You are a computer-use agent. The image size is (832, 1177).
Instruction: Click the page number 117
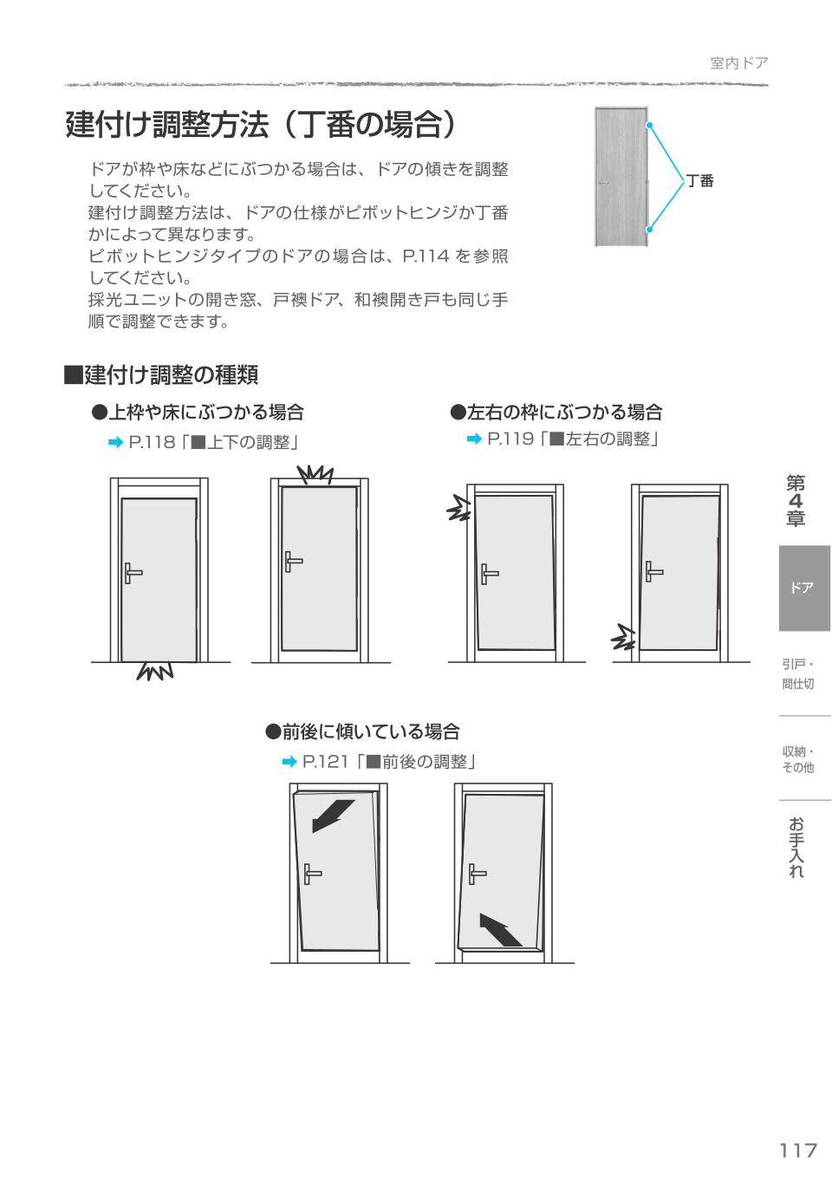coord(797,1150)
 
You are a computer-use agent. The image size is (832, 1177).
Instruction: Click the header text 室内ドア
coord(738,62)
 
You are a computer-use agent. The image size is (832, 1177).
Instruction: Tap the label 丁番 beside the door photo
coord(699,181)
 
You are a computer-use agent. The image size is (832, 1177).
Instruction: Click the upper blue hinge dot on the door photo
coord(648,125)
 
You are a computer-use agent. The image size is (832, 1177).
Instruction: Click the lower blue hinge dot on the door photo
coord(648,230)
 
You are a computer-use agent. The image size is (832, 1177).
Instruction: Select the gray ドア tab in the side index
coord(803,588)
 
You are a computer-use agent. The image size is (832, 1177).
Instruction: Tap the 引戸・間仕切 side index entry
coord(797,674)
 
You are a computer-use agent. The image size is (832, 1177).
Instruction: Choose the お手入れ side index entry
coord(796,847)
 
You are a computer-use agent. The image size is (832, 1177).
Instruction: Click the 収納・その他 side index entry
coord(797,759)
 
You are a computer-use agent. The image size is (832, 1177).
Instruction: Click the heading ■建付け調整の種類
coord(161,374)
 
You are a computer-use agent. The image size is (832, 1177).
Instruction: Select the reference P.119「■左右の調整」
coord(563,439)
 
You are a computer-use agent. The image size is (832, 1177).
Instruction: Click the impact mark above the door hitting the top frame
coord(315,474)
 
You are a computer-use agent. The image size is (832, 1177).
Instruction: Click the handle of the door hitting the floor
coord(132,573)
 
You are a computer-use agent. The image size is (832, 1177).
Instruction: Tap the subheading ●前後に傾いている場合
coord(361,732)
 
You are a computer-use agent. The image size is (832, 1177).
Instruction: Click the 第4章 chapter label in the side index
coord(796,501)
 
